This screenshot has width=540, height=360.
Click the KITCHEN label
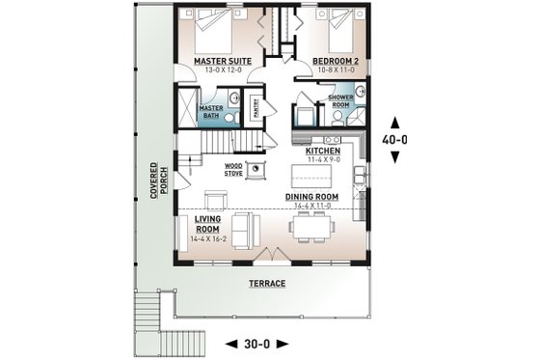(323, 152)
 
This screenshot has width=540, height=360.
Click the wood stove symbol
(256, 171)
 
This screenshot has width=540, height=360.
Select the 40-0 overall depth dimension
(396, 139)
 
